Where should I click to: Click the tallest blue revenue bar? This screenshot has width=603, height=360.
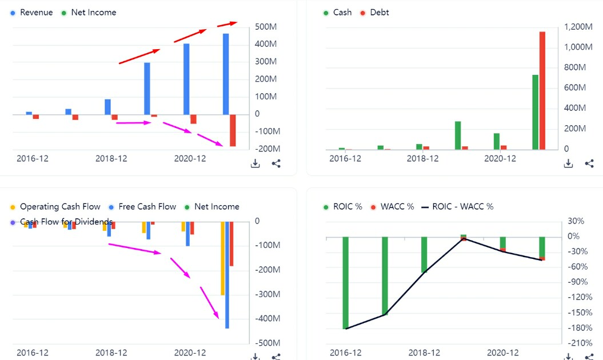coord(226,74)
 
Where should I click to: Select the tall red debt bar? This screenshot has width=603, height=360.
coord(542,91)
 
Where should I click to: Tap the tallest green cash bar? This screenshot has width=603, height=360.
coord(536,113)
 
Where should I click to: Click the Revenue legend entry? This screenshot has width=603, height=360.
coord(31,13)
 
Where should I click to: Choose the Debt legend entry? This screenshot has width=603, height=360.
coord(374,13)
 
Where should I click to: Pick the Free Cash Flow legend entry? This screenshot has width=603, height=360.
coord(142,206)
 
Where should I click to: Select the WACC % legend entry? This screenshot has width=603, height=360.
coord(392,206)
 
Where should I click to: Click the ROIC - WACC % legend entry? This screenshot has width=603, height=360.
coord(458,206)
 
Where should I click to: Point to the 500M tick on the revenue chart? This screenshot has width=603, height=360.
coord(266,27)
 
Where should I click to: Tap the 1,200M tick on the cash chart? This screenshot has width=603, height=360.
coord(578,27)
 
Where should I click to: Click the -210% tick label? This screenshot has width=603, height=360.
coord(580,343)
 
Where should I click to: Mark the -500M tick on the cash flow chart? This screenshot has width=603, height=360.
coord(267,343)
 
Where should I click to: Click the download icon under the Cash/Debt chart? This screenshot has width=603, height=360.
coord(568,164)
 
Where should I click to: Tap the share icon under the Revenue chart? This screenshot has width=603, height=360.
coord(276,164)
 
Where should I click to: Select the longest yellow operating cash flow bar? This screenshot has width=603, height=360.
coord(223,258)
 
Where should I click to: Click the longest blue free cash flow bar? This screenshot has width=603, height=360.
coord(227,275)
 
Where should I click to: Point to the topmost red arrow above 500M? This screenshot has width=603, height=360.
coord(227,24)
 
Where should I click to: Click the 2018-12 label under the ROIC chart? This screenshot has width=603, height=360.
coord(424,353)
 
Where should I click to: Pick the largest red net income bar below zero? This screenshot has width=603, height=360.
coord(233,130)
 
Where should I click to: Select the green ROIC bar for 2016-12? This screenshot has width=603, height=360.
coord(345,283)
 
